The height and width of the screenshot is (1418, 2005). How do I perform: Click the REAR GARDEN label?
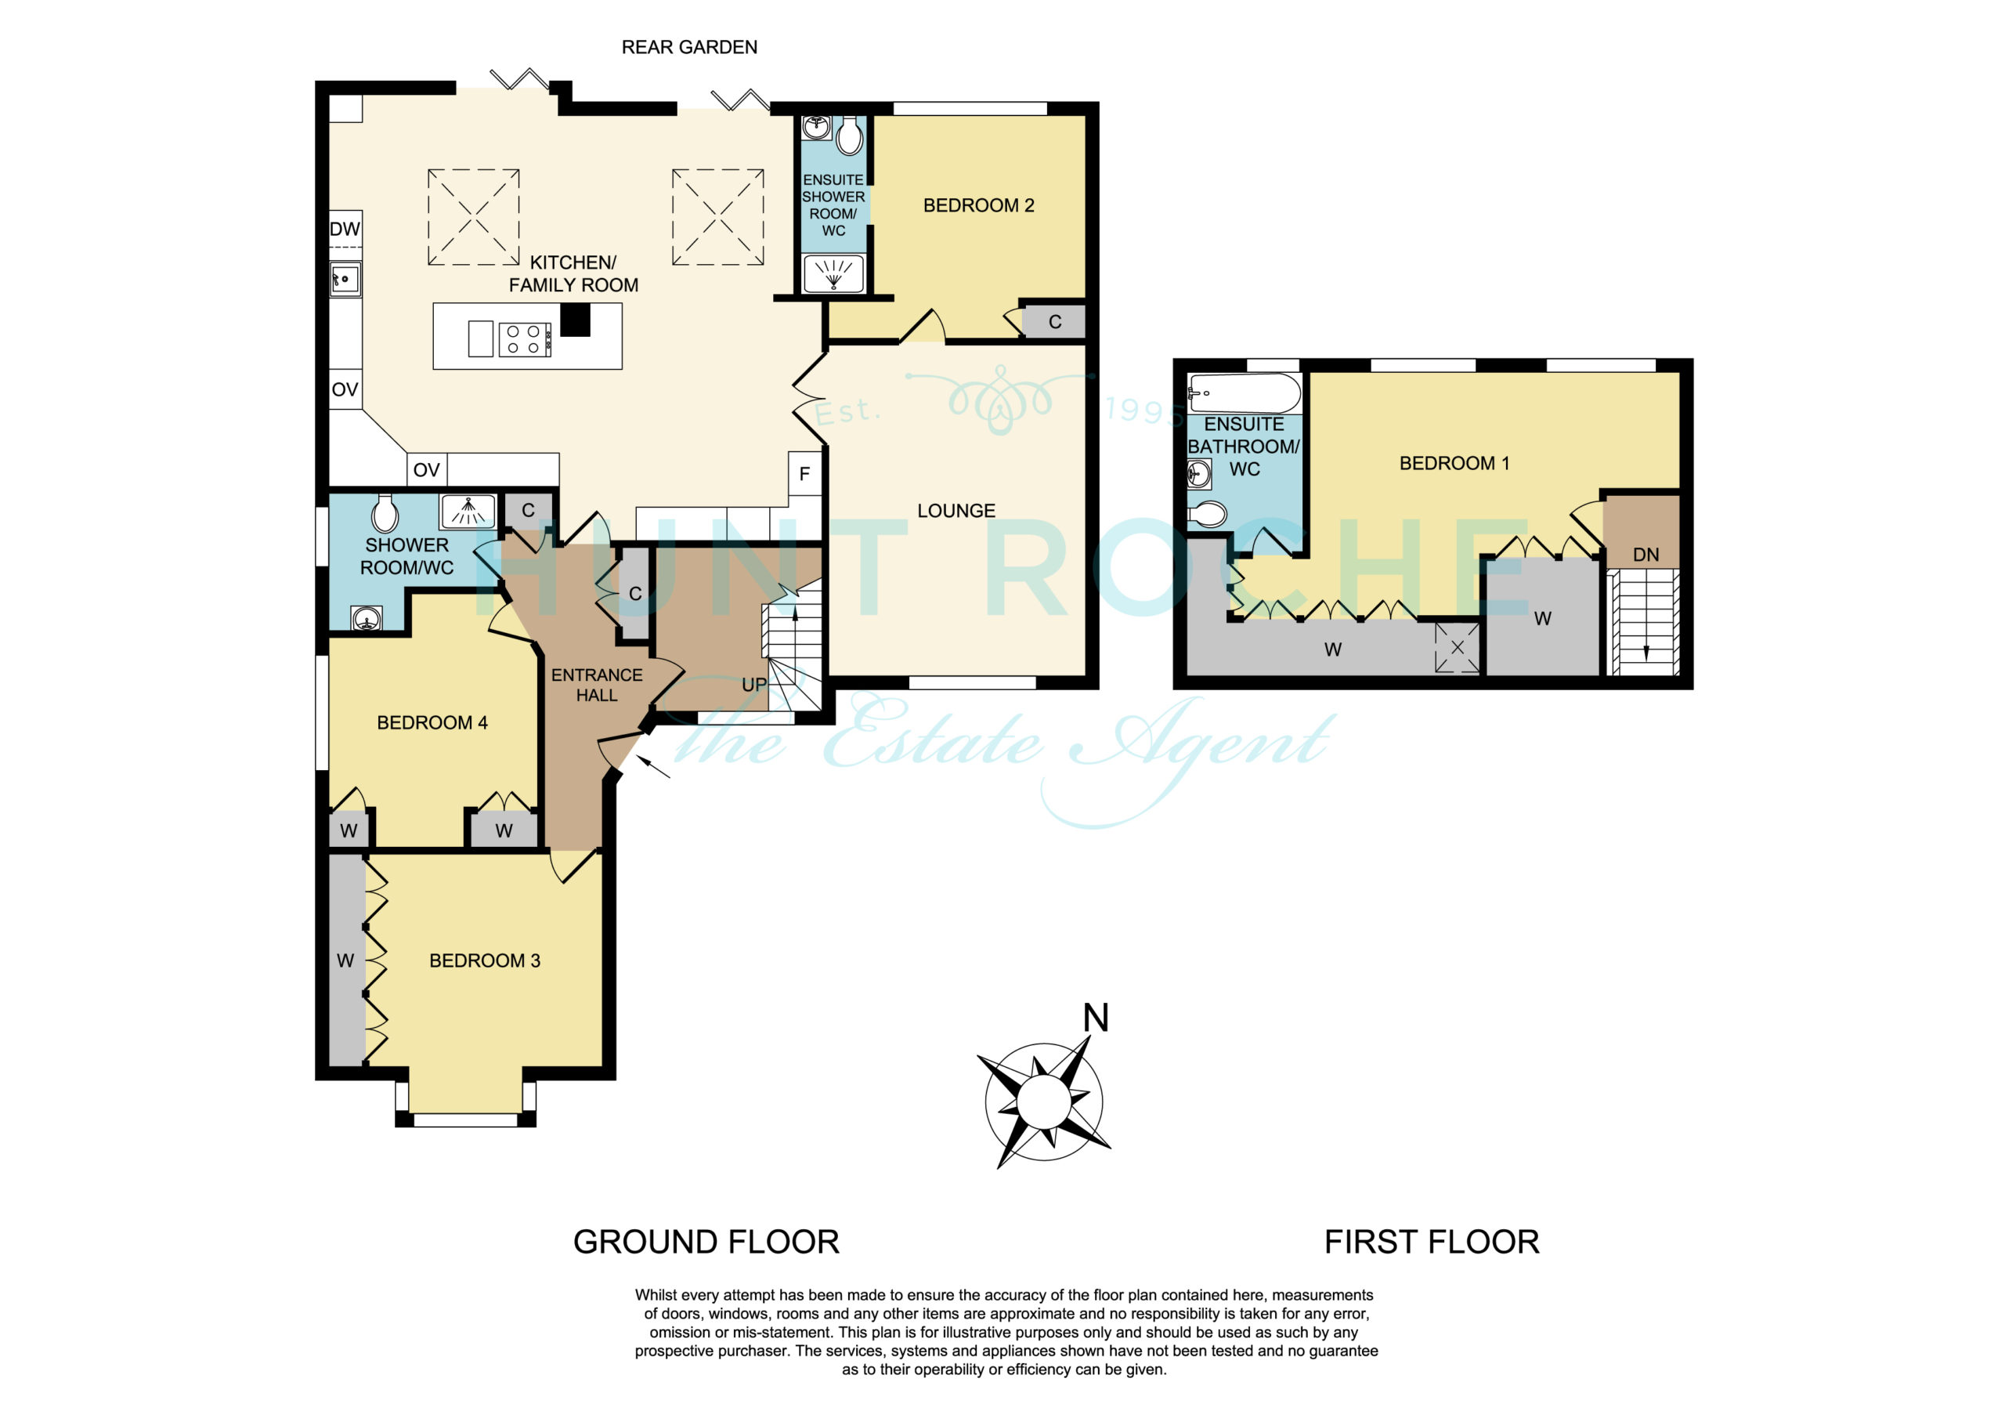click(689, 47)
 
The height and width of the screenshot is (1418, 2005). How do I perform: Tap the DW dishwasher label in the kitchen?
click(345, 229)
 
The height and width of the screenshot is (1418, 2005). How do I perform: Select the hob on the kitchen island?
click(525, 340)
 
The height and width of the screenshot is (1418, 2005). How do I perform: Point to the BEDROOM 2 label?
click(978, 205)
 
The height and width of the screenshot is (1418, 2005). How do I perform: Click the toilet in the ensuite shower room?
click(849, 136)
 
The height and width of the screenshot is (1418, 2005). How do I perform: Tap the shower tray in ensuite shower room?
click(833, 273)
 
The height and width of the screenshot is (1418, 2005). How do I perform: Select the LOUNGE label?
click(956, 511)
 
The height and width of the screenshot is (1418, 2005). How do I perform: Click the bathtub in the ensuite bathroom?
click(1245, 394)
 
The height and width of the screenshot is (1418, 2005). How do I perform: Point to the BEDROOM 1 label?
click(1454, 463)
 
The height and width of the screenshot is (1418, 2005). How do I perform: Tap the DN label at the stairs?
click(1646, 555)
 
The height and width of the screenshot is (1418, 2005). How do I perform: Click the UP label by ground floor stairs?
click(754, 685)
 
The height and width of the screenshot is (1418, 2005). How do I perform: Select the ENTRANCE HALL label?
click(597, 685)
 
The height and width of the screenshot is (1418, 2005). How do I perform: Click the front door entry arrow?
click(653, 766)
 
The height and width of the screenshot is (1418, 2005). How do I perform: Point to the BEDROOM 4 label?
click(432, 722)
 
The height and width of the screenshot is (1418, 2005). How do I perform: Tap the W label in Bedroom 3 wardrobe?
click(345, 961)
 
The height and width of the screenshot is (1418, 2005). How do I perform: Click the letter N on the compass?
click(1095, 1018)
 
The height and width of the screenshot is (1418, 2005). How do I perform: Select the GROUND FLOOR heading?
click(706, 1243)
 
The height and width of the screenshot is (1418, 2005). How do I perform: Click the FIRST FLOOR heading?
click(1431, 1243)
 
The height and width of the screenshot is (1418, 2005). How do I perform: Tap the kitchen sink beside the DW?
click(345, 280)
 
